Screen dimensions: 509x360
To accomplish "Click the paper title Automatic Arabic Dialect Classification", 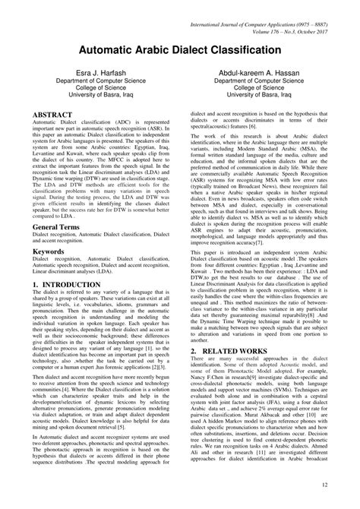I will (180, 49).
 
